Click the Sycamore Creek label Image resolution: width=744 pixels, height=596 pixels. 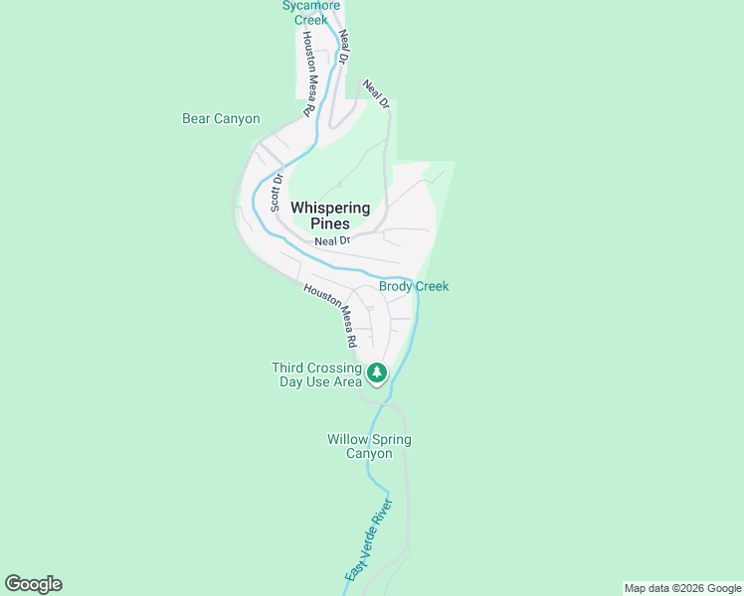(x=304, y=12)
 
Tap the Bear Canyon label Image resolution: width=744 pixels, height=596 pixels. (x=221, y=119)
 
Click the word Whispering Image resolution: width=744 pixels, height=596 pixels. (x=330, y=208)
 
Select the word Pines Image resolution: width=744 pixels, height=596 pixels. (x=330, y=223)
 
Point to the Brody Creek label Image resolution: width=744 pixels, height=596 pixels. (x=414, y=286)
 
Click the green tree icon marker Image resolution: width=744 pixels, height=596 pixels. (x=376, y=373)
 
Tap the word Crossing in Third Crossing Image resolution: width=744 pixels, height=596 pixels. (x=333, y=368)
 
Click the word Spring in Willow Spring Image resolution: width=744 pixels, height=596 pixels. (x=391, y=439)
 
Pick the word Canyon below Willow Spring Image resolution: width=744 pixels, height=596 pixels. (x=369, y=454)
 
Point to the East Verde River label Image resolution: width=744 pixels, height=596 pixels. (x=369, y=546)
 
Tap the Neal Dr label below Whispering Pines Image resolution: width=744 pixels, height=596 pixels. (x=332, y=240)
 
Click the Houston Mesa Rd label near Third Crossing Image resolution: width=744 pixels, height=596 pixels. (x=332, y=314)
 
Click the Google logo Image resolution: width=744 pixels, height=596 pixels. (x=33, y=584)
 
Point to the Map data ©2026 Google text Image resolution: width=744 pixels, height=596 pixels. (x=682, y=588)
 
